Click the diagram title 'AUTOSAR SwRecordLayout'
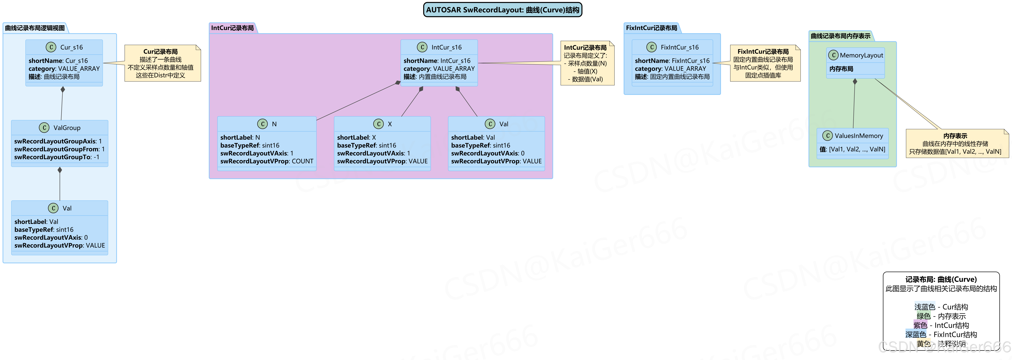click(502, 10)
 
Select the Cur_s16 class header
click(71, 47)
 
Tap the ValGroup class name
click(67, 128)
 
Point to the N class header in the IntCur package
click(274, 124)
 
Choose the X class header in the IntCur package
click(389, 124)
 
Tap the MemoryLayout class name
click(861, 55)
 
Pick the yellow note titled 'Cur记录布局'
click(162, 63)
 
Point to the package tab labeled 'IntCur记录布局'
click(232, 28)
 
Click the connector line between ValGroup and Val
click(60, 187)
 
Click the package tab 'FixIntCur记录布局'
click(651, 28)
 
